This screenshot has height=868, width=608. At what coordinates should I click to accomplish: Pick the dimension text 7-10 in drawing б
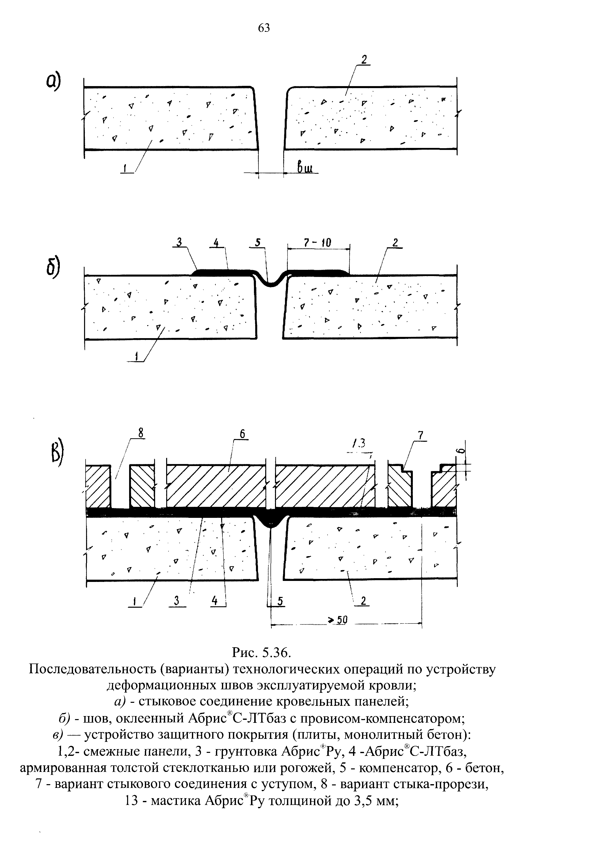tap(317, 243)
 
